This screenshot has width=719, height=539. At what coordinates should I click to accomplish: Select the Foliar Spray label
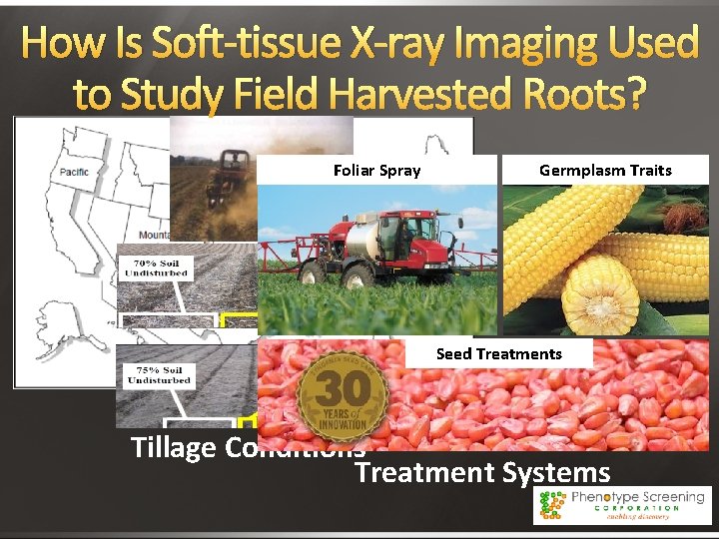pyautogui.click(x=376, y=171)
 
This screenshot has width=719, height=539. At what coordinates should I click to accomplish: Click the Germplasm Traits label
pyautogui.click(x=605, y=171)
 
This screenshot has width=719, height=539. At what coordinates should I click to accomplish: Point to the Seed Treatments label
pyautogui.click(x=499, y=354)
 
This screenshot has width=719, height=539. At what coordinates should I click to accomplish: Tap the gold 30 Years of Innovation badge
pyautogui.click(x=343, y=393)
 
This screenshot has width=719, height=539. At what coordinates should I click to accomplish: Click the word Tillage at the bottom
pyautogui.click(x=174, y=448)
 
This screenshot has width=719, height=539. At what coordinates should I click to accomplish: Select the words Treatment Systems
pyautogui.click(x=482, y=472)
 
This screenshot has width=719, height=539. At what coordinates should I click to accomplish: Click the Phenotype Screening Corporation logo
pyautogui.click(x=621, y=505)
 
